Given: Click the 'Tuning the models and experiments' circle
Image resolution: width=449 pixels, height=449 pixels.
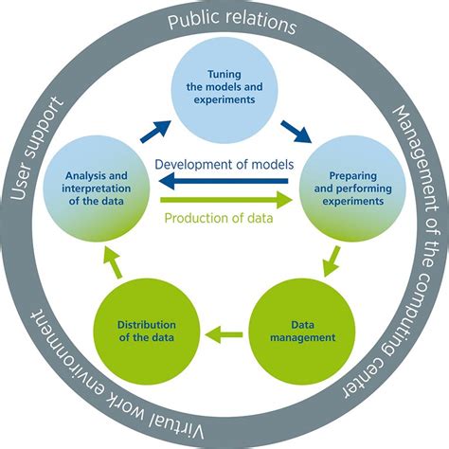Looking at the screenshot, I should click(x=225, y=91).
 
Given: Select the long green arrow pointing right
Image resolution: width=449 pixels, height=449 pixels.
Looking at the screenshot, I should click(x=225, y=200).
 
